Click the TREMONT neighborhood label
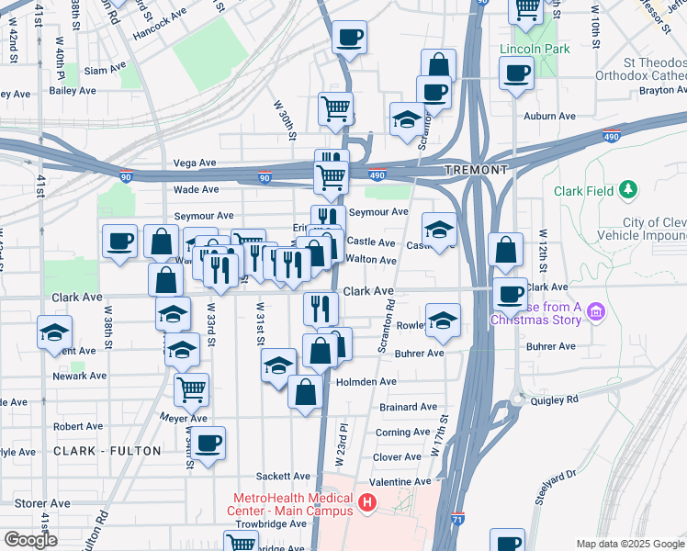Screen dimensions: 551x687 [x=475, y=171]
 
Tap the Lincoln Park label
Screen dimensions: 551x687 [x=535, y=49]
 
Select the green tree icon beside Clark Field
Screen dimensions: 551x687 [x=628, y=190]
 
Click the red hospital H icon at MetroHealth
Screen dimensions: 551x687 [x=367, y=503]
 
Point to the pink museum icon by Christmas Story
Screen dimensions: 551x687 [x=595, y=313]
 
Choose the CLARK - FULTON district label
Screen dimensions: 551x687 [x=107, y=451]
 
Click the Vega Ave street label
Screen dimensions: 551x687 [x=194, y=163]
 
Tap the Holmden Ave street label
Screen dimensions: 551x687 [x=366, y=381]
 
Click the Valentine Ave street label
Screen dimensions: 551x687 [x=400, y=481]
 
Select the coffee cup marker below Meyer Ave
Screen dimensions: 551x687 [x=208, y=444]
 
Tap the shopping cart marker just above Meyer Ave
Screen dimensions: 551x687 [x=191, y=389]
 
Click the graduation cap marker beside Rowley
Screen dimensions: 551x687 [x=443, y=320]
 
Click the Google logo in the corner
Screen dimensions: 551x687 [x=30, y=540]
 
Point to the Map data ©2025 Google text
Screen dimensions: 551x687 [x=629, y=544]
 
